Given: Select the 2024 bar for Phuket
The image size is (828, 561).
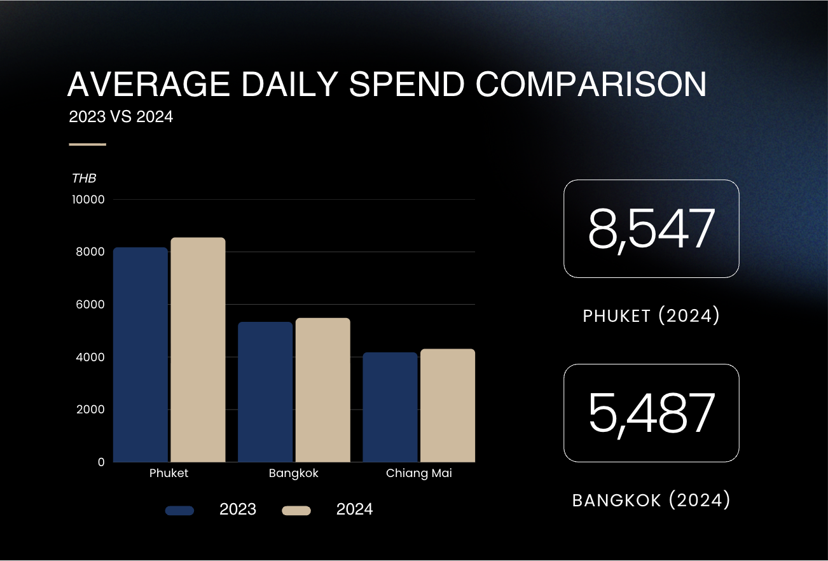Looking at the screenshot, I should [198, 350].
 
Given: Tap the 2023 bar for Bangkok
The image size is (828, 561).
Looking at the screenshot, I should [265, 392].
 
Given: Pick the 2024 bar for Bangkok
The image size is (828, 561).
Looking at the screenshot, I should [322, 390].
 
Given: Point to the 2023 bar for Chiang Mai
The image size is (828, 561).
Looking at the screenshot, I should [390, 407].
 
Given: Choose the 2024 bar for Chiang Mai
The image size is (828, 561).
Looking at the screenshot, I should [447, 405].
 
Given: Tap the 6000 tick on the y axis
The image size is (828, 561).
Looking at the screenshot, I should [92, 305].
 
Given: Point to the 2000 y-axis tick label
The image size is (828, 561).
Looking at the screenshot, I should [92, 410].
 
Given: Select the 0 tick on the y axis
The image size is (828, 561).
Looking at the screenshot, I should [101, 462].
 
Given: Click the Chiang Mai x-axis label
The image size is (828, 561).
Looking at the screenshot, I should [419, 474].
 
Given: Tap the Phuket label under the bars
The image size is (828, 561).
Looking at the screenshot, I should [169, 474].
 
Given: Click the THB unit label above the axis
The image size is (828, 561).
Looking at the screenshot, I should [84, 179].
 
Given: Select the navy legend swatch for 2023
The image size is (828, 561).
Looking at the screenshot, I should [179, 510].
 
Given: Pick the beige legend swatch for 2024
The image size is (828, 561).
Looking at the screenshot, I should [296, 510].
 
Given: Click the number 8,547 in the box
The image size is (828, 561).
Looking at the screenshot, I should [651, 229].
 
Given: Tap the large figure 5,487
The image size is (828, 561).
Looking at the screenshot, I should [651, 413].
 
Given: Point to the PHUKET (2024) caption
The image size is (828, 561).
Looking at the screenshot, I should [651, 316].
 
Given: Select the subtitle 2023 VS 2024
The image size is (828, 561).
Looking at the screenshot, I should [121, 117].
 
